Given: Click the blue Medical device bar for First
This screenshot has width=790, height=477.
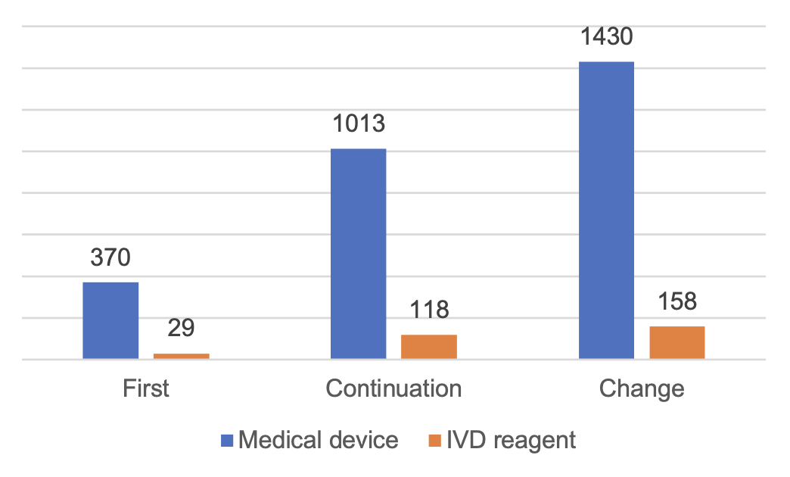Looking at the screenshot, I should (110, 320).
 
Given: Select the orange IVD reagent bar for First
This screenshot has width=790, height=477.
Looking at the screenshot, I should (182, 355).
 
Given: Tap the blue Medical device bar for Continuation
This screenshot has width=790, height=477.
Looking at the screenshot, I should (359, 254).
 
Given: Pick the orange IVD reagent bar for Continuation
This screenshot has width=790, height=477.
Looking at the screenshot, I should (429, 346).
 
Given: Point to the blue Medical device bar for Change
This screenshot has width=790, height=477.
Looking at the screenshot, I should (606, 210).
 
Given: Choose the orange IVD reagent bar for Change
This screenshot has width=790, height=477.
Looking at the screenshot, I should (677, 342).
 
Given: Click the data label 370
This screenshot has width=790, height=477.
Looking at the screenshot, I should (110, 258).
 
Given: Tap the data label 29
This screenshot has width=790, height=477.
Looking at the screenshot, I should (182, 329).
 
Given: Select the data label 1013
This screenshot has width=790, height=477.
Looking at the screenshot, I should (359, 124).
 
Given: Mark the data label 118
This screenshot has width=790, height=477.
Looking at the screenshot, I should (429, 310).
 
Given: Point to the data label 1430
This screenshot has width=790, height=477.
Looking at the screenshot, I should (606, 37).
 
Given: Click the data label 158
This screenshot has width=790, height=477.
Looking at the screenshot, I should (677, 301).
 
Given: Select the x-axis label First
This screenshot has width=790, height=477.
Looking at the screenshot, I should (146, 388).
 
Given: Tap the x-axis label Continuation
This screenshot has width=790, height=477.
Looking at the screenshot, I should (393, 388).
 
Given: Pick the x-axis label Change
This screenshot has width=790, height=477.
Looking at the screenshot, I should (642, 388).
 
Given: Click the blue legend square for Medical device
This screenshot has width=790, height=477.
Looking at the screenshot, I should (227, 440).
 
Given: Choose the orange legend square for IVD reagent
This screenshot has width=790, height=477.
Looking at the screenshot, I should (435, 440).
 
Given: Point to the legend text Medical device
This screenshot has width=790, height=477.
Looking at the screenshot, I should (319, 440).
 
